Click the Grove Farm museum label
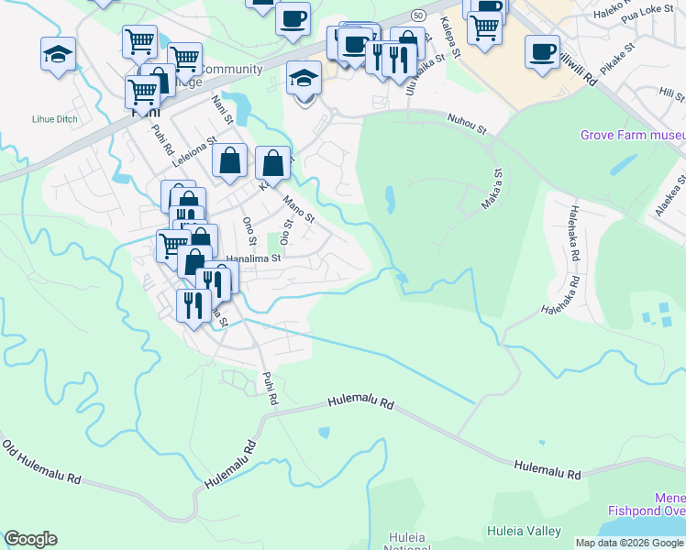pyautogui.click(x=632, y=136)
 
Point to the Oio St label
pyautogui.click(x=287, y=230)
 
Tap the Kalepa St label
pyautogui.click(x=448, y=31)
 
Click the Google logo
pyautogui.click(x=30, y=539)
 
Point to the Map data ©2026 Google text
pyautogui.click(x=630, y=543)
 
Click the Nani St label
pyautogui.click(x=222, y=108)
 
